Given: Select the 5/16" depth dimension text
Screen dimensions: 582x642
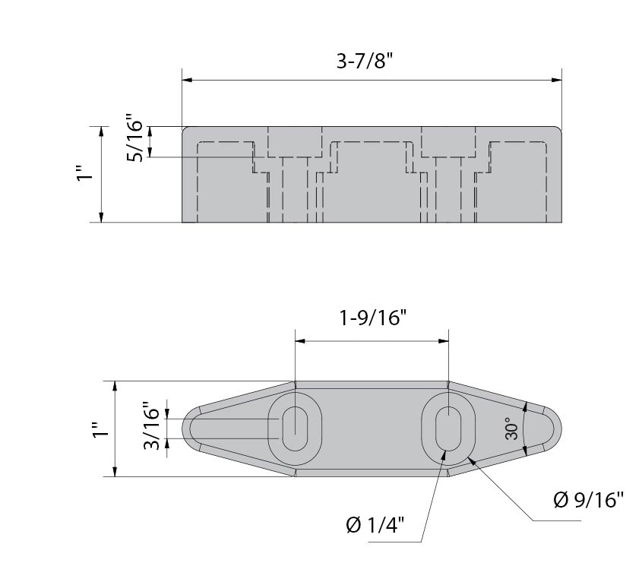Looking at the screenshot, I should pyautogui.click(x=134, y=138).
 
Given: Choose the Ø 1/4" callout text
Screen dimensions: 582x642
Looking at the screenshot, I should pyautogui.click(x=375, y=525).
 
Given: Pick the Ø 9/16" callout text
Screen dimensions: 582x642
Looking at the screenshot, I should pyautogui.click(x=588, y=500).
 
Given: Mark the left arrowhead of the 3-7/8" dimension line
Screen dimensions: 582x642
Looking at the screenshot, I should pyautogui.click(x=186, y=79).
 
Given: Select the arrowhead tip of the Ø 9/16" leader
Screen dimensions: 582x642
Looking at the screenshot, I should pyautogui.click(x=472, y=457).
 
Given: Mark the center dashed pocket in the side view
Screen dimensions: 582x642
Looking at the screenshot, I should pyautogui.click(x=372, y=182).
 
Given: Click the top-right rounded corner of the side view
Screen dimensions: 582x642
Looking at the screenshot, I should pyautogui.click(x=558, y=131).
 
